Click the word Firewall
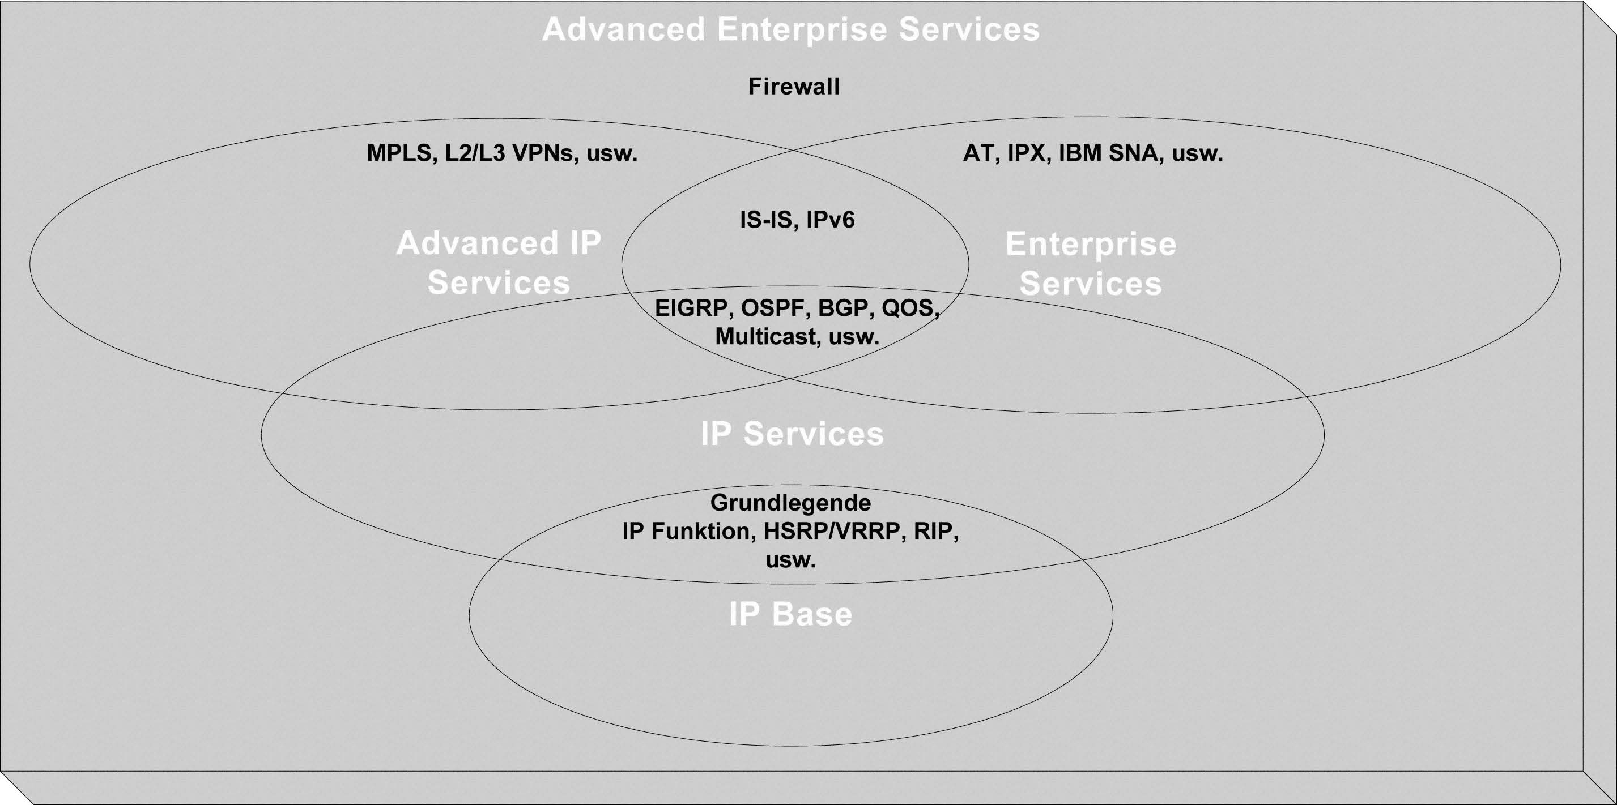(793, 87)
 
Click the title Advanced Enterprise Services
(791, 29)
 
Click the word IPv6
(831, 220)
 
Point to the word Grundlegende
(791, 503)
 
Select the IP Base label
(791, 614)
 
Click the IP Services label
(792, 434)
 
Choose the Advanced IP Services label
(499, 263)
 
